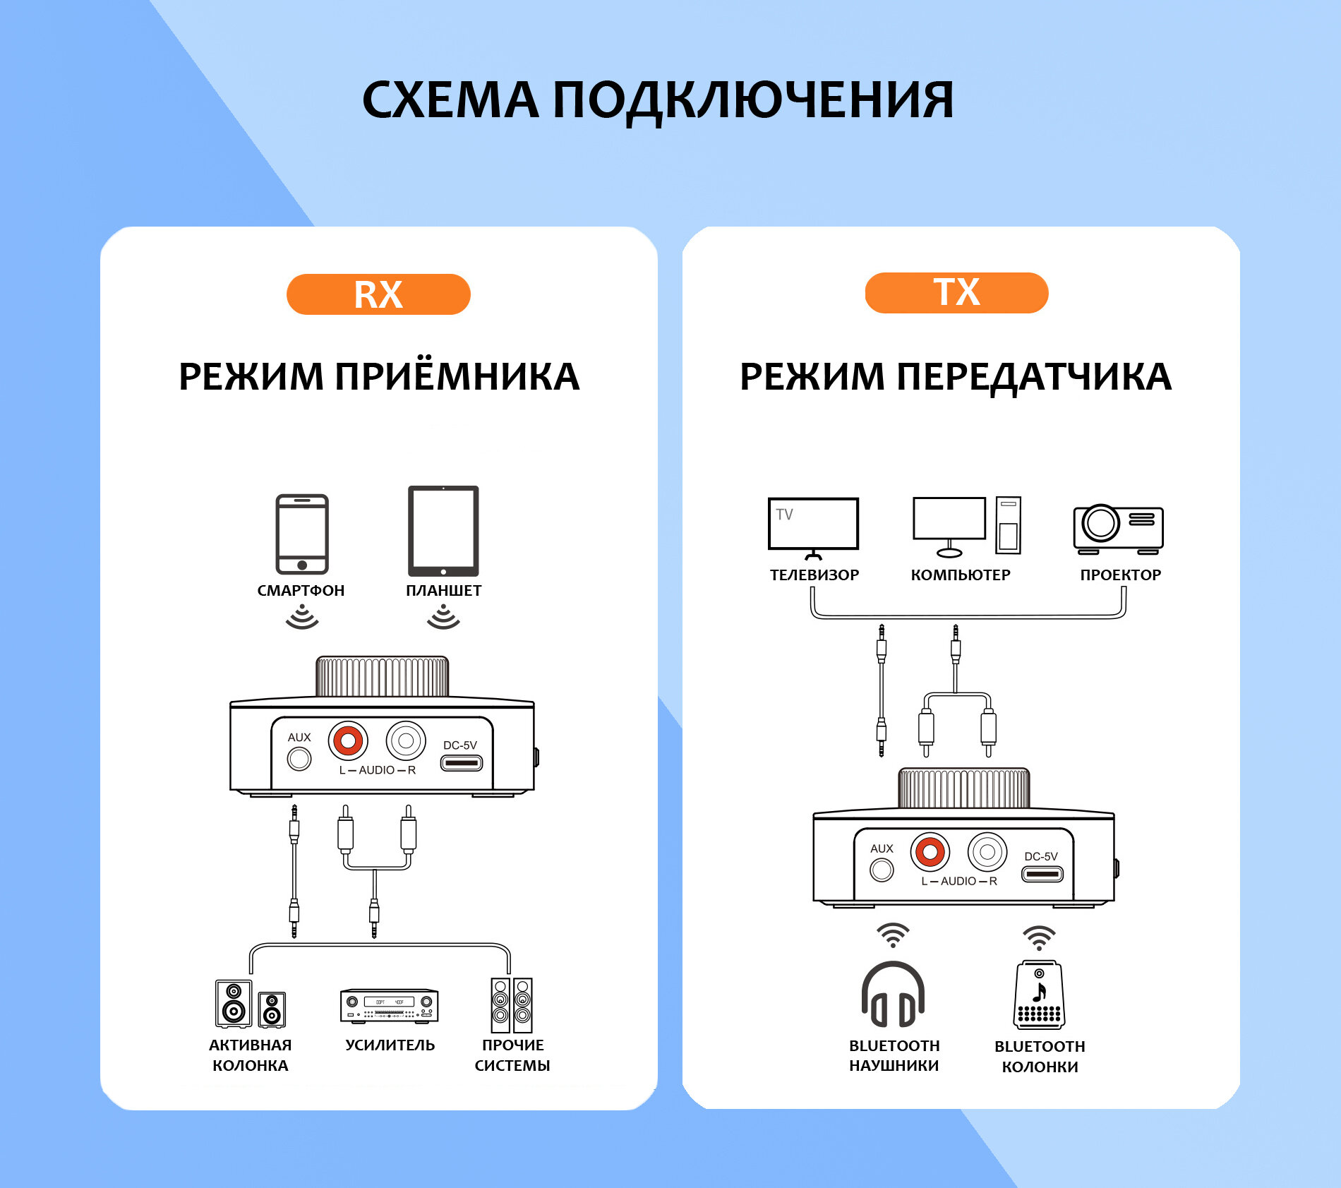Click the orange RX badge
point(378,294)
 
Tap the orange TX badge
point(956,292)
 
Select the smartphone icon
point(302,534)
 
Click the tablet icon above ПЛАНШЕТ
point(443,531)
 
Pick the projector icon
point(1118,528)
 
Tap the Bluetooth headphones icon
point(893,995)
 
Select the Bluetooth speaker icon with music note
point(1039,995)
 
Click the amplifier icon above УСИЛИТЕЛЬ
point(390,1005)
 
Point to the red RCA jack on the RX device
point(348,740)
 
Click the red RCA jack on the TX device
point(930,852)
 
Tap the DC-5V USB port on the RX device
point(462,762)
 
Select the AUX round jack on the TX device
point(882,870)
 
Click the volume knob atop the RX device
point(382,677)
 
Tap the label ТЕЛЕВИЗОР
point(814,575)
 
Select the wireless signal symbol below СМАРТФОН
point(302,619)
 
